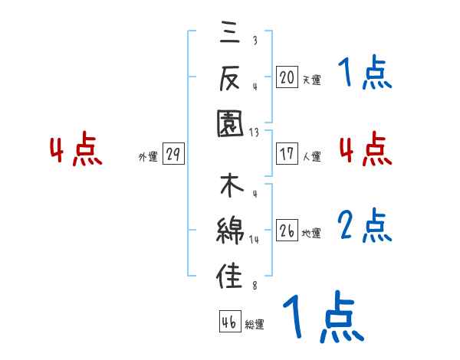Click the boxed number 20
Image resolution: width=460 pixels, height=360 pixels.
pyautogui.click(x=287, y=77)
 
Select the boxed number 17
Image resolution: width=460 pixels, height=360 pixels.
pyautogui.click(x=287, y=153)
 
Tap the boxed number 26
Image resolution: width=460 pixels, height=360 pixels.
pyautogui.click(x=287, y=230)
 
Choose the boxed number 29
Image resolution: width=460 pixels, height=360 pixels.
pyautogui.click(x=172, y=154)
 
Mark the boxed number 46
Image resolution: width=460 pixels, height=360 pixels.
pyautogui.click(x=228, y=322)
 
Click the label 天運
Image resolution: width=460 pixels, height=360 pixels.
pyautogui.click(x=311, y=80)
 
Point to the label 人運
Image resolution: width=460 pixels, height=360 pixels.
pyautogui.click(x=311, y=156)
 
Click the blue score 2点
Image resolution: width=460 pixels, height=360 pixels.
pyautogui.click(x=365, y=227)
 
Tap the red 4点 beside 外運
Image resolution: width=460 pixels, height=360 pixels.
pyautogui.click(x=76, y=151)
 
